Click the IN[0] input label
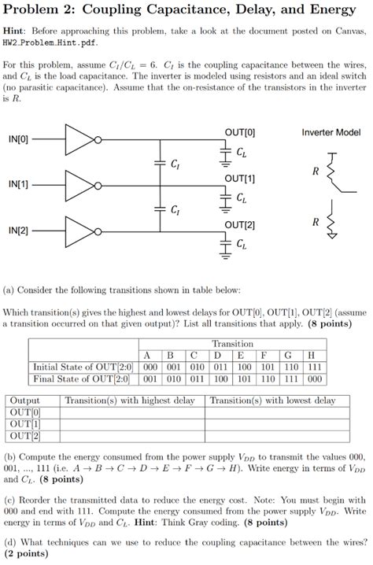click(18, 139)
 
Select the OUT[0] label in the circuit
click(240, 132)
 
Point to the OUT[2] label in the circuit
click(240, 225)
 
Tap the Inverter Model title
click(331, 132)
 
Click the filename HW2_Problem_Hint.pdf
click(50, 42)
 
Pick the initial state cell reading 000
click(149, 366)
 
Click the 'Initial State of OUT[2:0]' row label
click(83, 366)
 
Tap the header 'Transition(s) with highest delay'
click(130, 401)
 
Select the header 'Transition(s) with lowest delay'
click(273, 401)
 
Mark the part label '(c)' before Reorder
click(10, 499)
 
